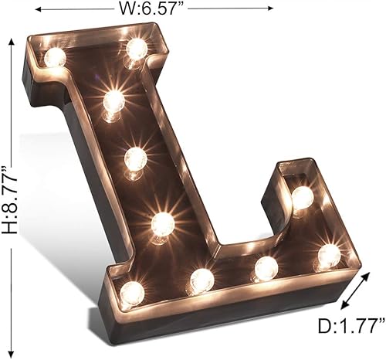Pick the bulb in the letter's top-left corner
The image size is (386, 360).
(55, 56)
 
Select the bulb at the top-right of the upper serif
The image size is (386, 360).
(137, 49)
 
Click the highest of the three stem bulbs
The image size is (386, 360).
(113, 100)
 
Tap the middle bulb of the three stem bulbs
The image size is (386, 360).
(135, 159)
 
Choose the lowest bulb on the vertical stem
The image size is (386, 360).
(162, 224)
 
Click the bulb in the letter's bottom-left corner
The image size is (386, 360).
(132, 292)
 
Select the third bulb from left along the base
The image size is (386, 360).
(266, 268)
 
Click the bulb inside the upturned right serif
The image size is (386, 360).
(302, 198)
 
